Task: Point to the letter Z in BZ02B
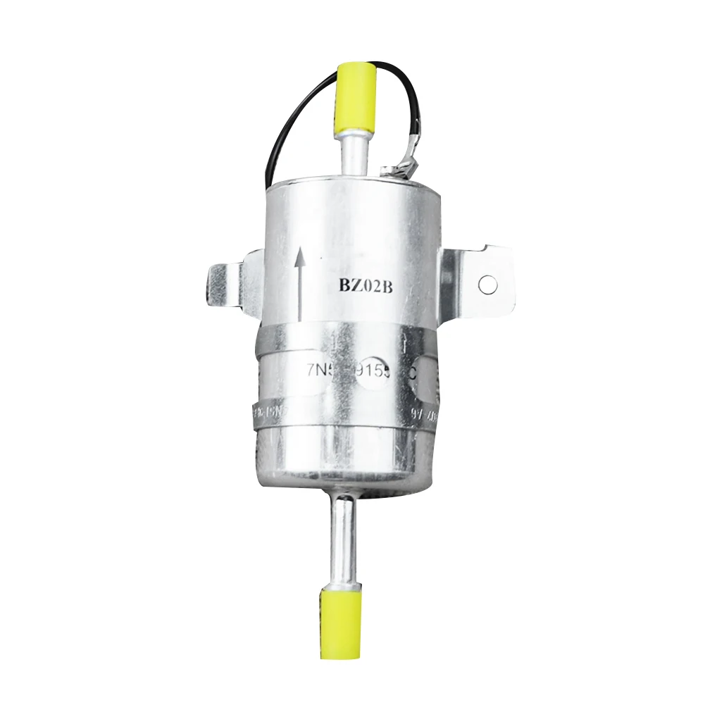(x=351, y=286)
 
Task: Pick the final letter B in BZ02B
(x=383, y=286)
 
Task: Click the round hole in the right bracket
(x=487, y=285)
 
